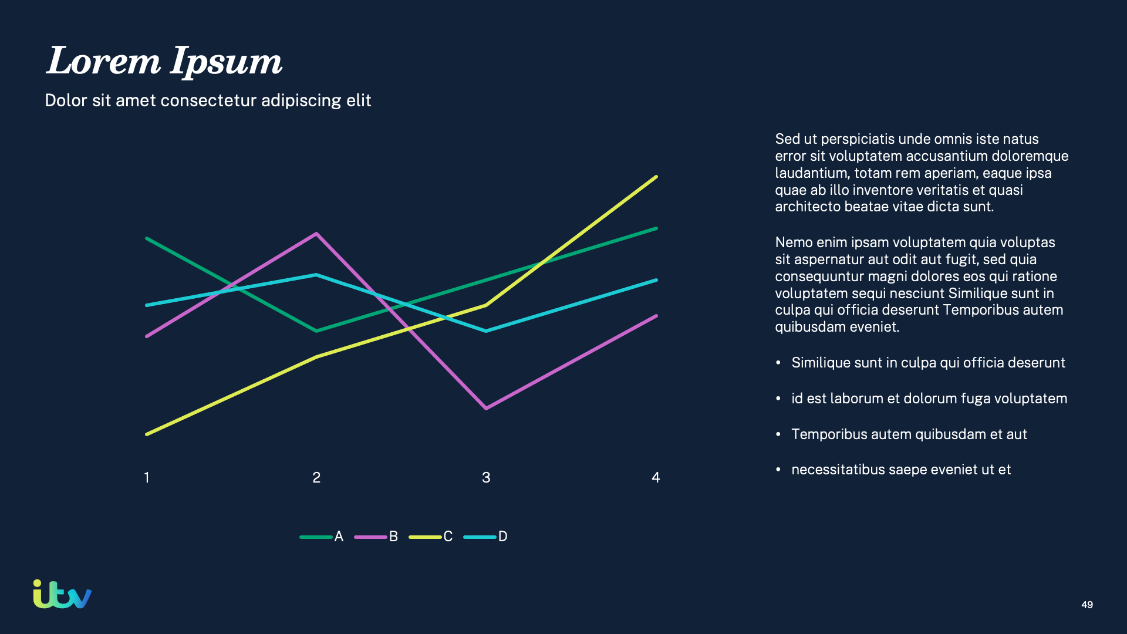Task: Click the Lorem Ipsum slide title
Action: click(164, 61)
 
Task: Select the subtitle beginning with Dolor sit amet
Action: click(208, 100)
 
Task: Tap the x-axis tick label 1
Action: click(147, 478)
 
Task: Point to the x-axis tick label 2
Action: click(316, 478)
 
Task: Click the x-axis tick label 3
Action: click(486, 478)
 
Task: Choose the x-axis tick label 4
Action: click(656, 478)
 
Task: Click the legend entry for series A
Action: click(322, 537)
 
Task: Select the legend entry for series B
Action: click(377, 537)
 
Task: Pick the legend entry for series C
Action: click(431, 537)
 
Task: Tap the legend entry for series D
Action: click(486, 537)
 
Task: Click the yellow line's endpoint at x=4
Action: click(656, 177)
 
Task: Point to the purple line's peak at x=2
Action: click(316, 234)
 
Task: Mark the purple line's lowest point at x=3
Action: click(486, 408)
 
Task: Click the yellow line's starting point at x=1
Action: click(147, 434)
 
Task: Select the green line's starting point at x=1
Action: click(147, 238)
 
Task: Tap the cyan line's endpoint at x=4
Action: click(656, 280)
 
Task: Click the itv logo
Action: click(62, 595)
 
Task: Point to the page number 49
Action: click(1087, 605)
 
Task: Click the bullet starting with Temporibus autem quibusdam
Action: click(909, 434)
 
